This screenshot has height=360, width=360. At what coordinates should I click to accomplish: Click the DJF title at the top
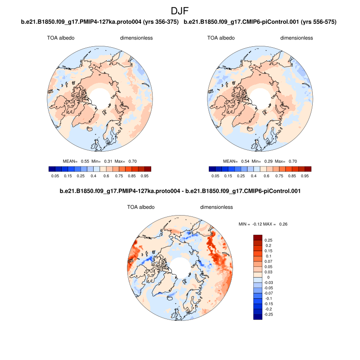click(x=180, y=11)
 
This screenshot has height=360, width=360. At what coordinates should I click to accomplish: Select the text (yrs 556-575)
click(x=319, y=22)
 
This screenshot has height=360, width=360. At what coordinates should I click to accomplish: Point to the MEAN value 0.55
click(x=84, y=161)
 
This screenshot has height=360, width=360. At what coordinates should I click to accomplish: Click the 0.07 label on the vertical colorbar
click(x=268, y=261)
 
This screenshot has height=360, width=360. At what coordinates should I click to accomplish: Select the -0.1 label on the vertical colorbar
click(x=269, y=298)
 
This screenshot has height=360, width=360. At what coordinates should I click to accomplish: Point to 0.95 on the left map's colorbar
click(x=145, y=176)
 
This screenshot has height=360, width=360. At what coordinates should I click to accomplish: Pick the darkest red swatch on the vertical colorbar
click(x=258, y=238)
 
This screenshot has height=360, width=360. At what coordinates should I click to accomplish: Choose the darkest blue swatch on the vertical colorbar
click(x=258, y=316)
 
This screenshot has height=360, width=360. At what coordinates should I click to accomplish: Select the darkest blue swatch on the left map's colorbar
click(x=51, y=169)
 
